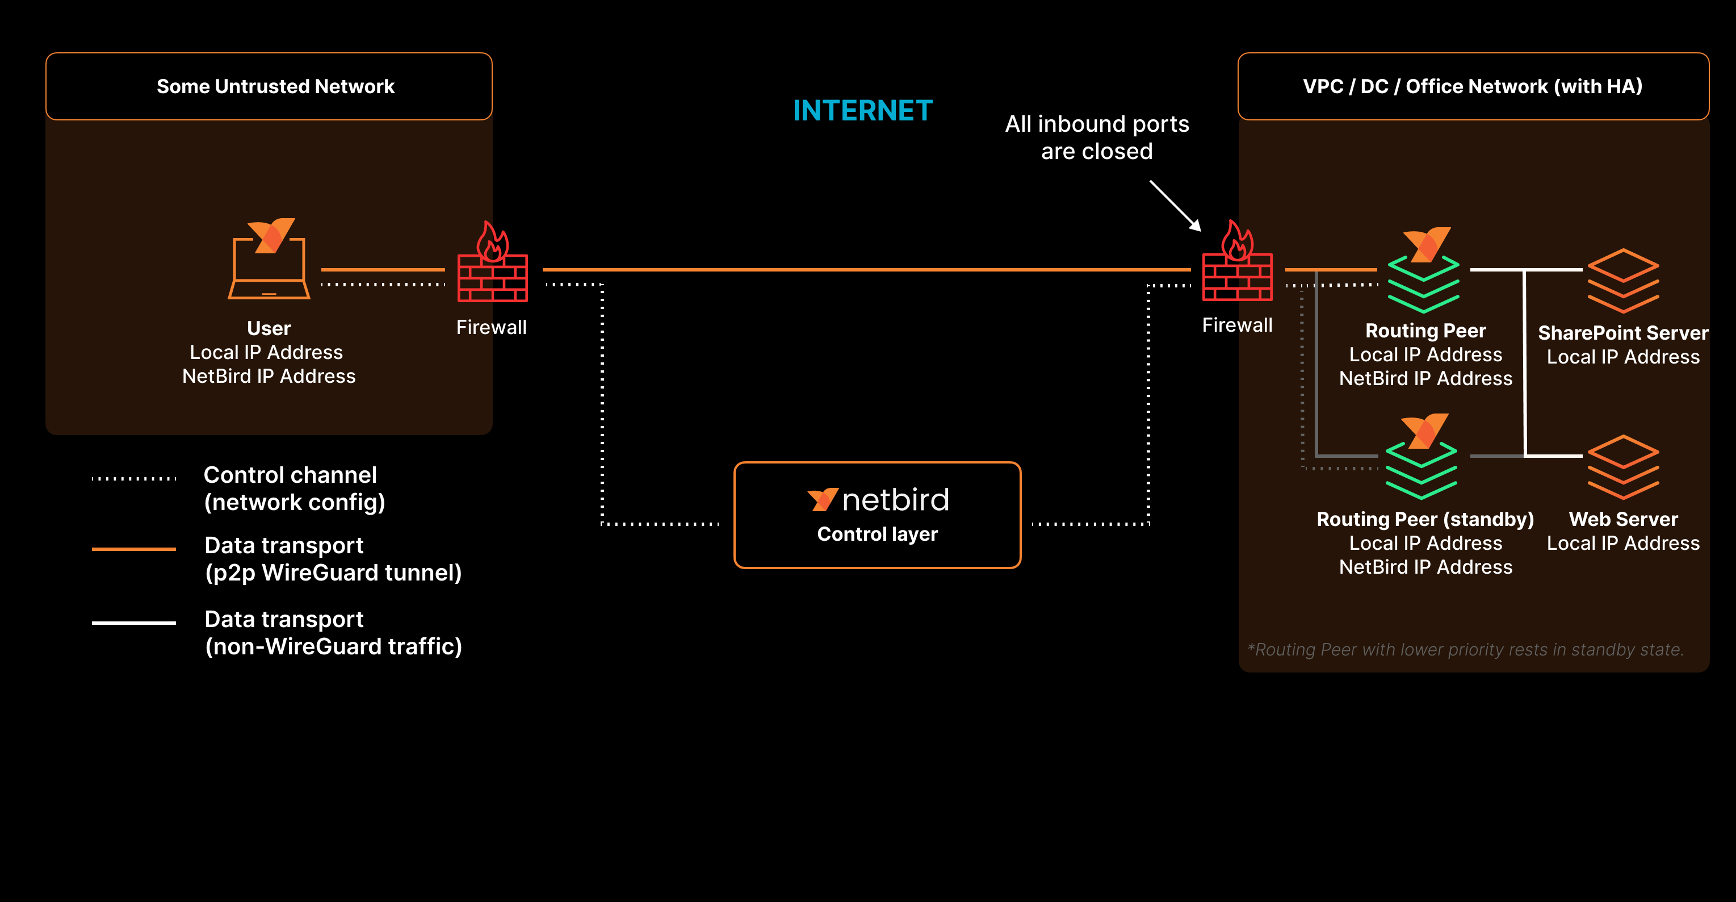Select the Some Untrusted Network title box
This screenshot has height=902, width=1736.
coord(269,86)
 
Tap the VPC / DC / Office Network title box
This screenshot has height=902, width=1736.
coord(1473,86)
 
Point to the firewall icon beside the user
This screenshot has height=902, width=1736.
coord(492,264)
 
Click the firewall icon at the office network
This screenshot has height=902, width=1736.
coord(1238,263)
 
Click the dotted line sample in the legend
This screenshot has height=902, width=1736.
coord(133,479)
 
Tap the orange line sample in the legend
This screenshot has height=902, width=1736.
coord(133,549)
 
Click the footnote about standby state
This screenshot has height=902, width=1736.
coord(1465,649)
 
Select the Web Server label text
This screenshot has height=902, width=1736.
coord(1623,519)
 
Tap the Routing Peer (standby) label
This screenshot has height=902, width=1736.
coord(1425,519)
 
